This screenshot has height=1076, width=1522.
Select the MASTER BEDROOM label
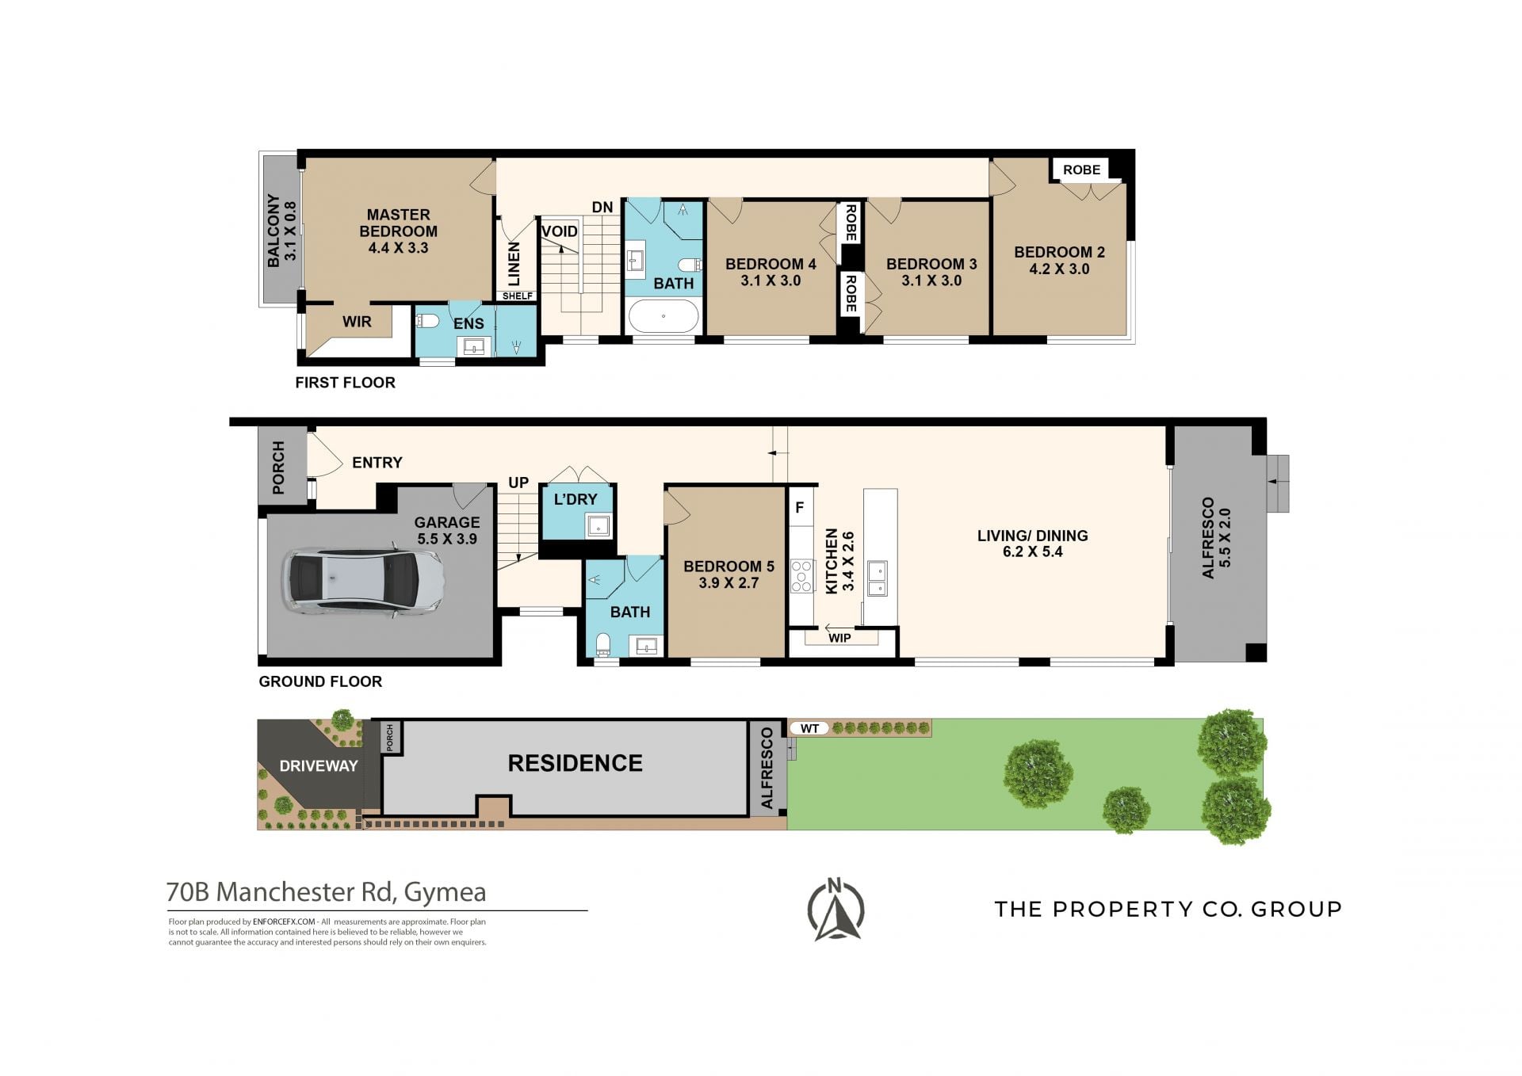click(x=398, y=223)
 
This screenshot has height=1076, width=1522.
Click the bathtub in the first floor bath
click(x=663, y=316)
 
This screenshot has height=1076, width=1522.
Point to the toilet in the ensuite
click(x=428, y=322)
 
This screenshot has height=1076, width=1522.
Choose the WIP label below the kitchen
click(x=839, y=638)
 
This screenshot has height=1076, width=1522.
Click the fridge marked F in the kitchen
click(x=800, y=507)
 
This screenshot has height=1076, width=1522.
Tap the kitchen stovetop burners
click(x=802, y=576)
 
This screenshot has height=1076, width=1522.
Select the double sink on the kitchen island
click(x=877, y=578)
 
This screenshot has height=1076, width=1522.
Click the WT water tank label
click(x=809, y=728)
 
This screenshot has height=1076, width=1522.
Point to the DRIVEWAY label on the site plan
click(x=319, y=766)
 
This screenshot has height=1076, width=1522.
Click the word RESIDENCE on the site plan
click(x=575, y=763)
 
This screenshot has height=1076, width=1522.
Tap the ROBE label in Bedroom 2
click(x=1081, y=170)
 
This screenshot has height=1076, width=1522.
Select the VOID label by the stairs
click(x=560, y=231)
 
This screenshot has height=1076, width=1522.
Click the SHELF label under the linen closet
click(x=518, y=296)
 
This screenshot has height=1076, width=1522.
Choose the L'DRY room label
click(x=576, y=499)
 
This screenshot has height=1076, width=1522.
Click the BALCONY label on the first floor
click(x=281, y=231)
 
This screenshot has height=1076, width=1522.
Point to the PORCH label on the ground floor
click(x=278, y=468)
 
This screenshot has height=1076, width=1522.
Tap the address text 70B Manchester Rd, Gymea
click(x=326, y=892)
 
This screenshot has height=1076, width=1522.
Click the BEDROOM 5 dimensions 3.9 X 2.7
click(x=728, y=583)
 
